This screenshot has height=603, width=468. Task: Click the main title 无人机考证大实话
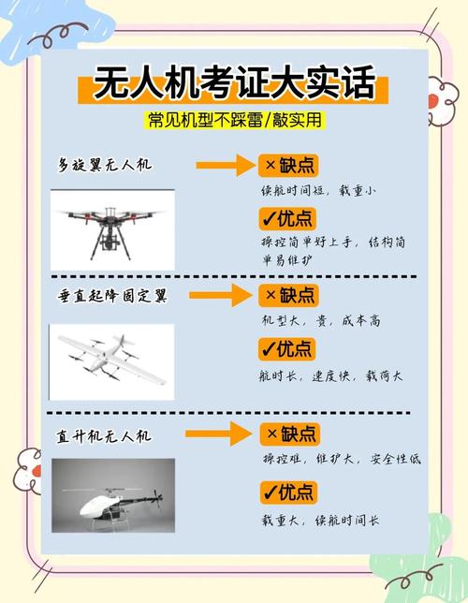tap(234, 83)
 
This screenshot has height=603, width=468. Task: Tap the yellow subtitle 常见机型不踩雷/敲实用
tap(235, 120)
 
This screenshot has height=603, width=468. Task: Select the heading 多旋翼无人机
tap(105, 165)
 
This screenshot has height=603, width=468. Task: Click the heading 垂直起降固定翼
tap(112, 296)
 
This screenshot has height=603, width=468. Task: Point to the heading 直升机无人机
tap(104, 436)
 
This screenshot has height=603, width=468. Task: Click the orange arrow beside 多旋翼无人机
tap(226, 166)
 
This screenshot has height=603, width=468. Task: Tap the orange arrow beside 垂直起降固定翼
tap(221, 295)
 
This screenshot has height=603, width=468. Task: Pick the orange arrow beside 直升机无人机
tap(218, 434)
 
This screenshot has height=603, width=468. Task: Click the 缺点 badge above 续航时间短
tap(288, 166)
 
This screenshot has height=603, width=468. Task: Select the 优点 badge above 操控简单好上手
tap(287, 219)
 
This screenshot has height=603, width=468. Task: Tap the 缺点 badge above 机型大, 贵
tap(288, 295)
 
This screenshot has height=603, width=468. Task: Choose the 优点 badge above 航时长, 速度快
tap(287, 349)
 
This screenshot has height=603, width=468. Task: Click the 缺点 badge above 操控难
tap(290, 434)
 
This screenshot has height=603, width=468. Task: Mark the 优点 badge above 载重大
tap(289, 493)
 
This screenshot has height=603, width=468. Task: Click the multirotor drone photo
tap(112, 230)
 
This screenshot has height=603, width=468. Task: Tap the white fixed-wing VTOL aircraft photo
tap(112, 361)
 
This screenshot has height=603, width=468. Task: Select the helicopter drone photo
tap(113, 495)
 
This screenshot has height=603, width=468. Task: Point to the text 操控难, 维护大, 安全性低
tap(342, 459)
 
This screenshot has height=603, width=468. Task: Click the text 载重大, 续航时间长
tap(320, 521)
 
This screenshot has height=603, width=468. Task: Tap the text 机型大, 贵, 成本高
tap(321, 320)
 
